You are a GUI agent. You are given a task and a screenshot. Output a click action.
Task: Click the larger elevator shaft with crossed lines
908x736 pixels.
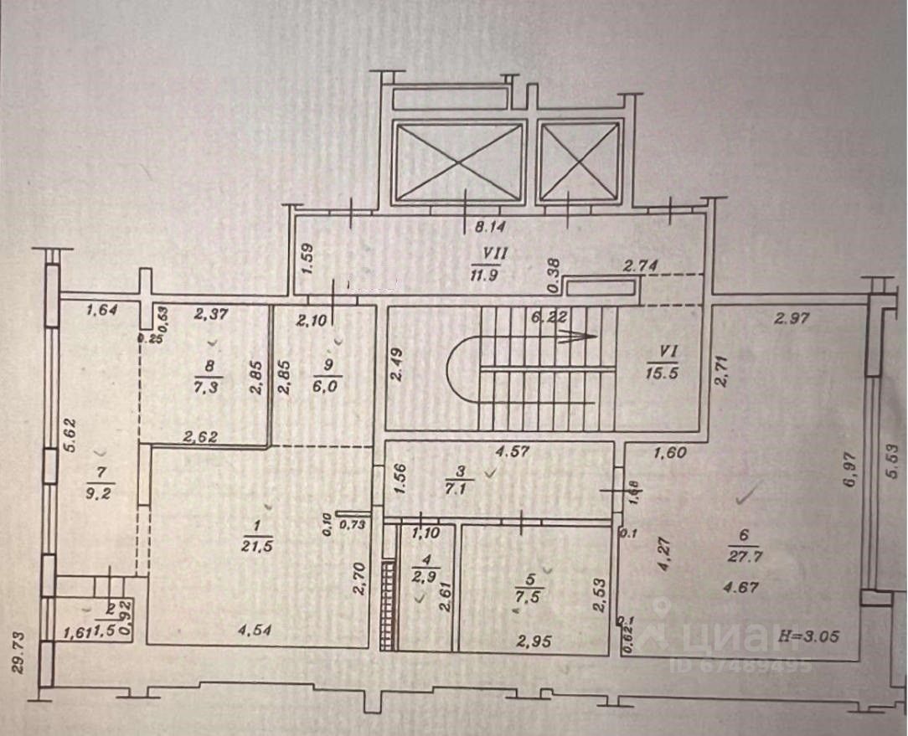point(458,162)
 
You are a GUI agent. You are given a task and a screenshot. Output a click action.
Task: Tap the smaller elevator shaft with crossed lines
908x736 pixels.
point(580,162)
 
